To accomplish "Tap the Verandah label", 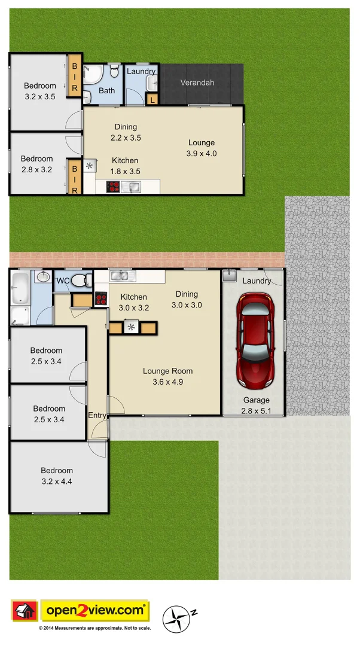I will pyautogui.click(x=197, y=83).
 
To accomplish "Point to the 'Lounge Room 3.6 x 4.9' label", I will pyautogui.click(x=167, y=376).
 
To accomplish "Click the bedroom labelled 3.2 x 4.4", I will pyautogui.click(x=57, y=476).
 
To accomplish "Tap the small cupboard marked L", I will pyautogui.click(x=152, y=100).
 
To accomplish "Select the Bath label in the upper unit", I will pyautogui.click(x=107, y=91).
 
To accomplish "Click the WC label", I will pyautogui.click(x=63, y=281).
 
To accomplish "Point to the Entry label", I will pyautogui.click(x=97, y=415).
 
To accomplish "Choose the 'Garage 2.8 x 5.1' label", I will pyautogui.click(x=256, y=405).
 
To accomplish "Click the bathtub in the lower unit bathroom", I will pyautogui.click(x=20, y=288).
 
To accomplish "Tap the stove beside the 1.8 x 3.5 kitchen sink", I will pyautogui.click(x=113, y=187).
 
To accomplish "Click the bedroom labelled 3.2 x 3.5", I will pyautogui.click(x=40, y=91).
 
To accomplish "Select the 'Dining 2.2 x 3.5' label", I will pyautogui.click(x=126, y=132).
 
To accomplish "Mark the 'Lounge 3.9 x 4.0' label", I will pyautogui.click(x=202, y=148).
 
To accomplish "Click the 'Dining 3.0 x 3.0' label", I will pyautogui.click(x=187, y=299).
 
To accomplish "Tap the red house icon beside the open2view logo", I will pyautogui.click(x=25, y=611).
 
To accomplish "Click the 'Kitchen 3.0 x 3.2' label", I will pyautogui.click(x=133, y=303).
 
